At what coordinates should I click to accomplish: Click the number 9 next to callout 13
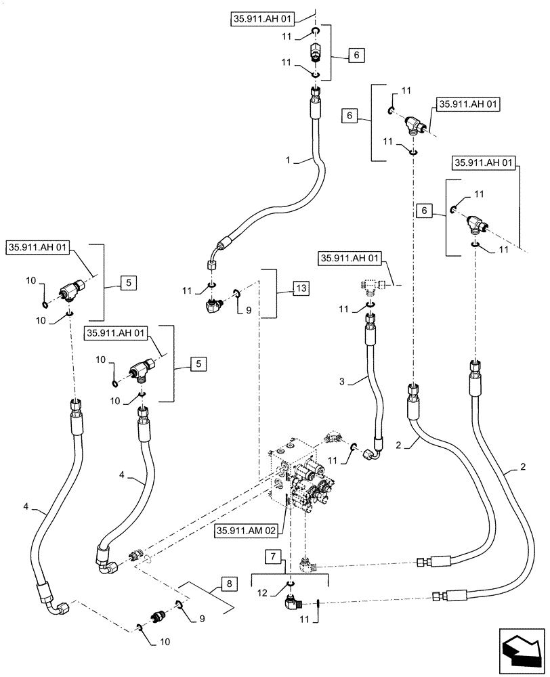(247, 311)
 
